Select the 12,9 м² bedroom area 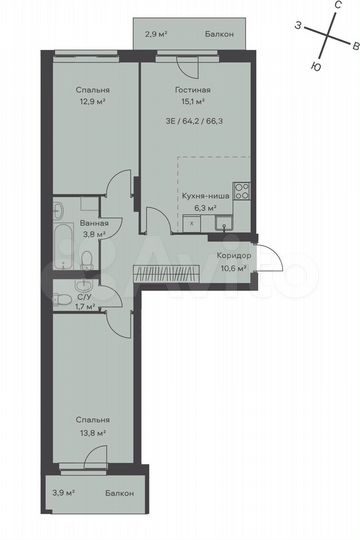[x=92, y=101]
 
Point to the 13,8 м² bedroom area [x=91, y=432]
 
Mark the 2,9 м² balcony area [x=156, y=34]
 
